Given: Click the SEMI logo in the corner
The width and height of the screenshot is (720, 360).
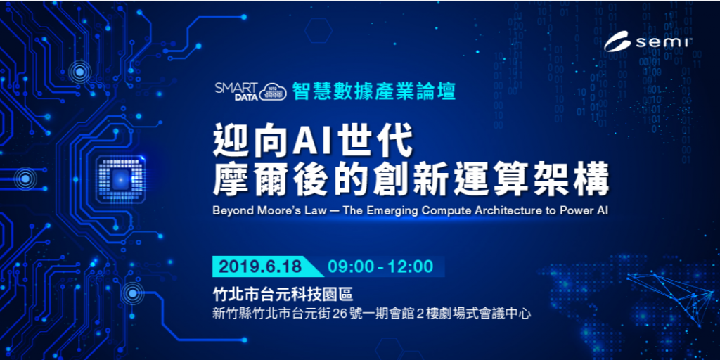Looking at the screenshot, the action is [x=648, y=43].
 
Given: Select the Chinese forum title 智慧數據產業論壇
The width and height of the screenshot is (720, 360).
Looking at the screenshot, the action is [x=374, y=91].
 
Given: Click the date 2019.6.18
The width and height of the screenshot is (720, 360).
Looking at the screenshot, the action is [x=260, y=266].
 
